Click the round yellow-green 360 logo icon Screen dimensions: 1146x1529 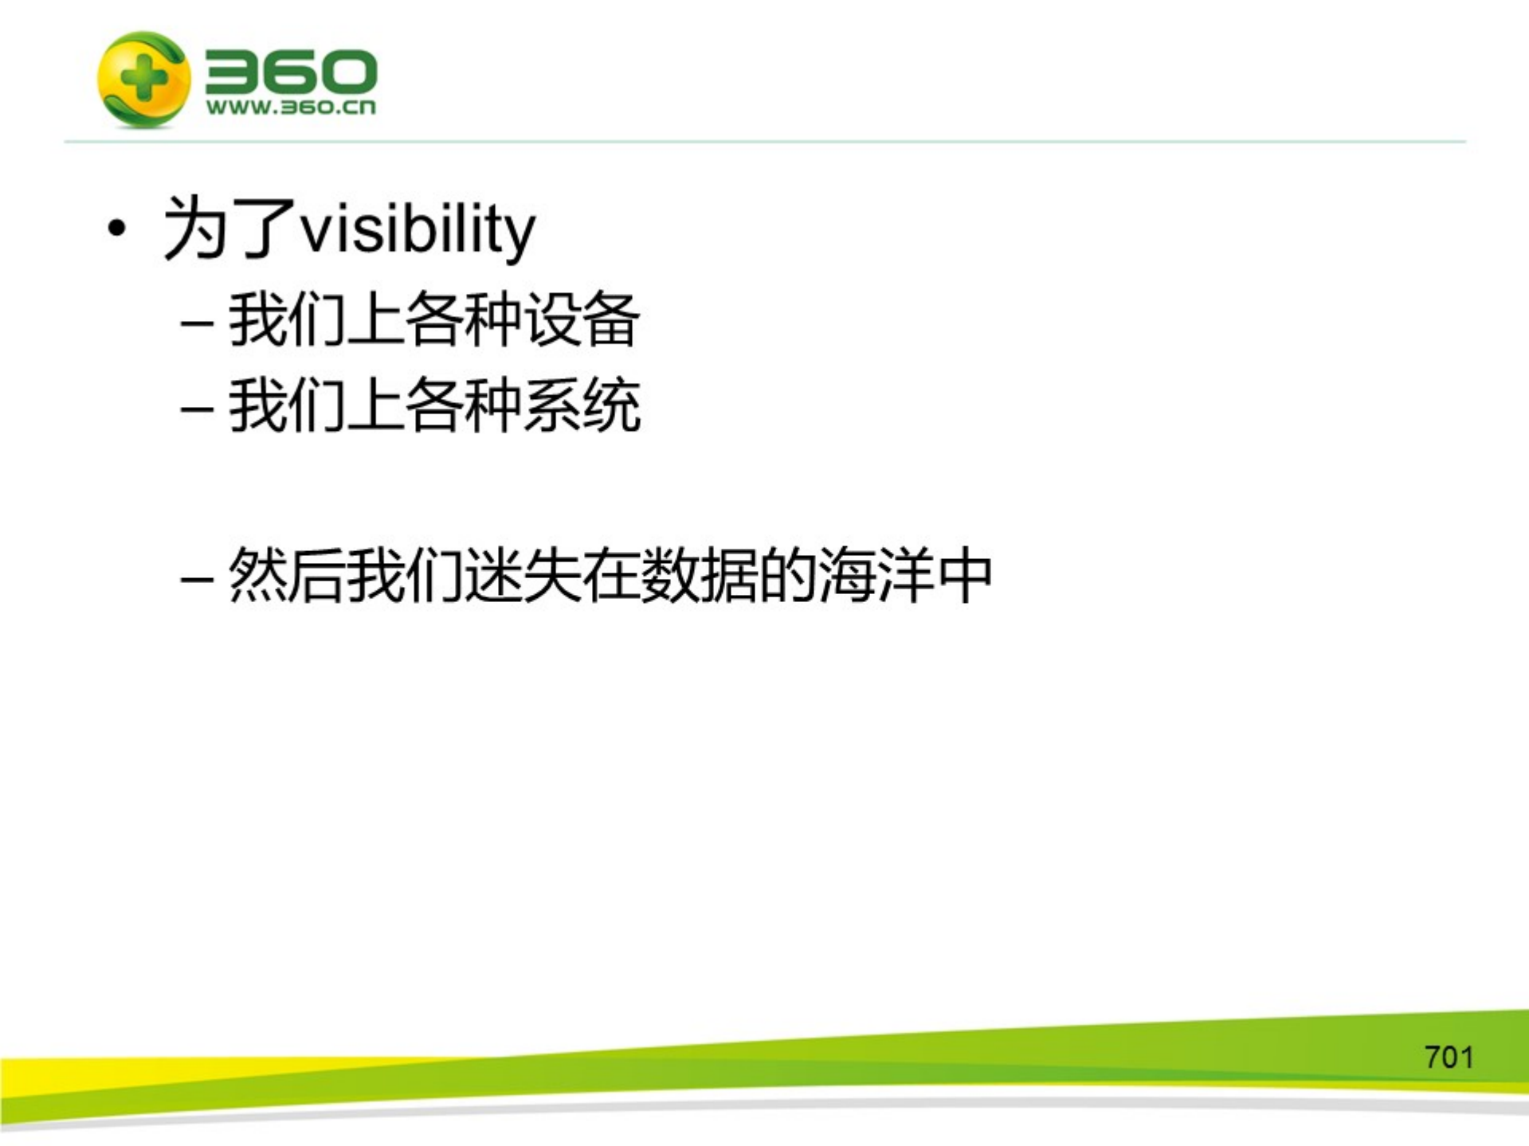[x=143, y=79]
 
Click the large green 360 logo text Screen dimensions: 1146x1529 [x=290, y=72]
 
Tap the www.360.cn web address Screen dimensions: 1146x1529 [x=290, y=108]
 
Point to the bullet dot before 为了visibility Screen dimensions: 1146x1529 [x=117, y=229]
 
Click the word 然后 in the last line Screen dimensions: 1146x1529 [x=287, y=575]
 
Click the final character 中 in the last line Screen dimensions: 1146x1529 [x=964, y=575]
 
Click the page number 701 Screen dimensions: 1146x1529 [x=1449, y=1058]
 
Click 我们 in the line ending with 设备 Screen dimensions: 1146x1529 [x=287, y=320]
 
